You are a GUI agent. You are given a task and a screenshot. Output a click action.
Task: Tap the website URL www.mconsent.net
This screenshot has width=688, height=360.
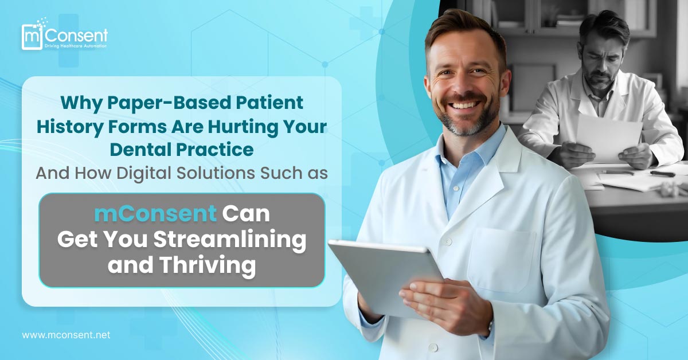pos(66,335)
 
